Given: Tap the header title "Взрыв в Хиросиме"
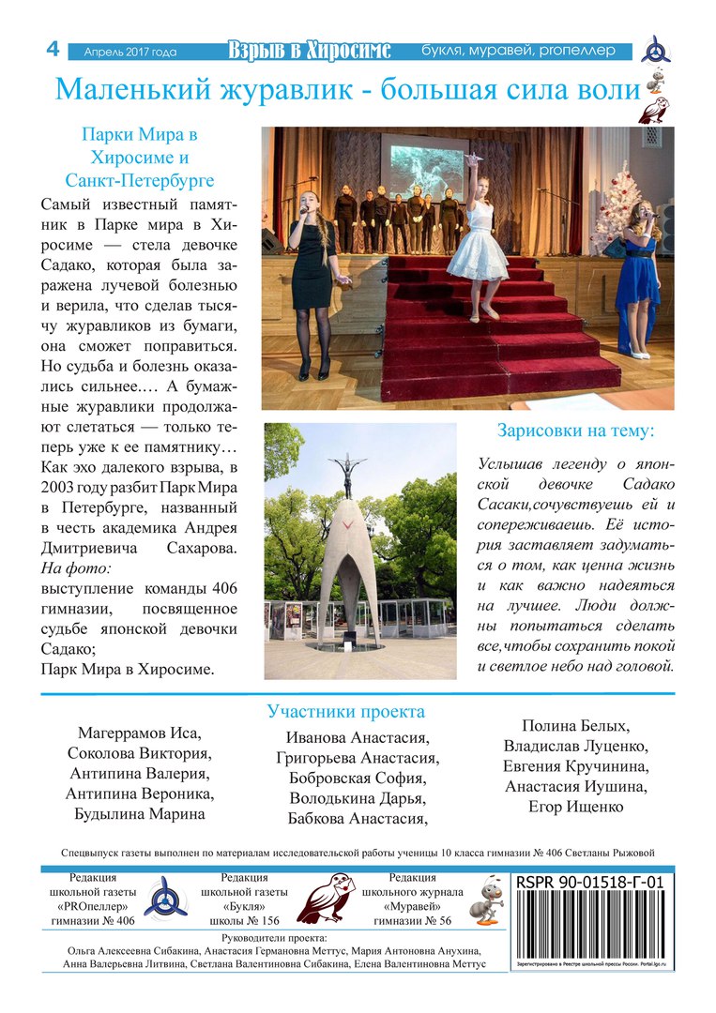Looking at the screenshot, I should pyautogui.click(x=310, y=51).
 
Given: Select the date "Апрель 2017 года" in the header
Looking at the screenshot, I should pyautogui.click(x=129, y=52).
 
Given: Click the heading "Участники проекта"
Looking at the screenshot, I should pyautogui.click(x=345, y=712).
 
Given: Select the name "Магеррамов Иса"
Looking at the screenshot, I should pyautogui.click(x=140, y=733).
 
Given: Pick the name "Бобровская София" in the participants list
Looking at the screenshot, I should pyautogui.click(x=358, y=779).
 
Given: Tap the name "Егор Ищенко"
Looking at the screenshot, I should pyautogui.click(x=576, y=807).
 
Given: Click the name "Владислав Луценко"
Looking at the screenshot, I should pyautogui.click(x=576, y=747).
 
